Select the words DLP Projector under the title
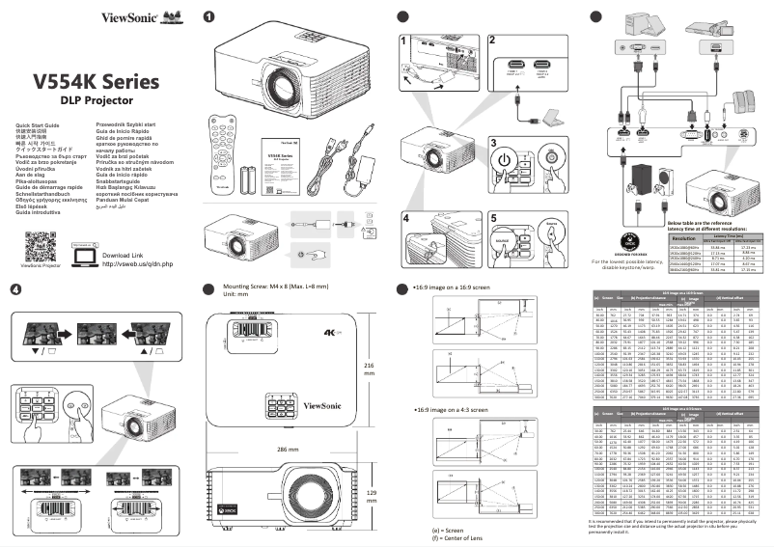(97, 100)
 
